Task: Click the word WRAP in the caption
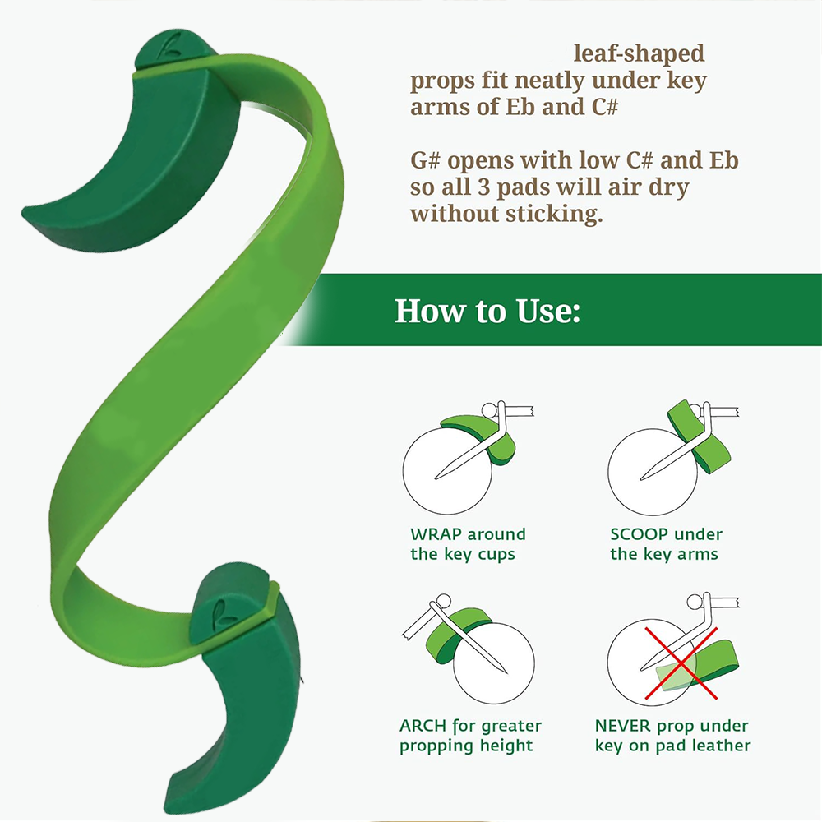[436, 534]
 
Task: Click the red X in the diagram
[681, 663]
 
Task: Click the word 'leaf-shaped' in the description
[639, 53]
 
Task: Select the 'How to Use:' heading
[487, 311]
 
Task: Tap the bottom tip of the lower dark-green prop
[169, 806]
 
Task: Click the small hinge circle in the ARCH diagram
[444, 601]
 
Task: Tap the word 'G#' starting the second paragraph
[425, 160]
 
